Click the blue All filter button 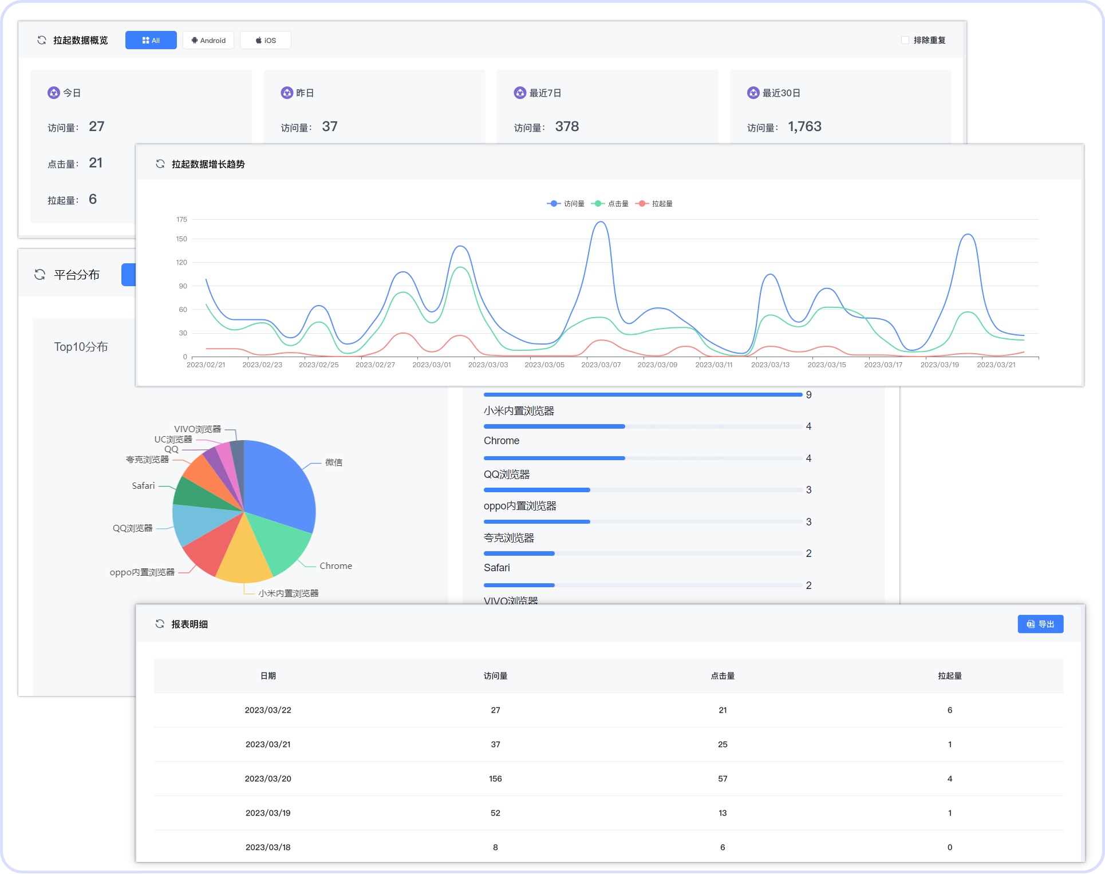pyautogui.click(x=151, y=41)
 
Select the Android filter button pyautogui.click(x=208, y=41)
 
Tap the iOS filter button pyautogui.click(x=266, y=41)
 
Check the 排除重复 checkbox pyautogui.click(x=905, y=40)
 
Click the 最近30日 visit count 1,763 pyautogui.click(x=804, y=126)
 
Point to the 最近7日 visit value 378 pyautogui.click(x=567, y=126)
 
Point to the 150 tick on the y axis pyautogui.click(x=181, y=239)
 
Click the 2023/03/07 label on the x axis pyautogui.click(x=601, y=365)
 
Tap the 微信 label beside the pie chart pyautogui.click(x=334, y=462)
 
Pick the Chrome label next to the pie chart pyautogui.click(x=336, y=566)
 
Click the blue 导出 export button pyautogui.click(x=1040, y=624)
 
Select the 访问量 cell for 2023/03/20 pyautogui.click(x=495, y=779)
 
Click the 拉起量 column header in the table pyautogui.click(x=950, y=676)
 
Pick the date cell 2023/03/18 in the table pyautogui.click(x=268, y=848)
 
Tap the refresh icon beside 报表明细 pyautogui.click(x=160, y=624)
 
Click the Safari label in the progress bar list pyautogui.click(x=496, y=568)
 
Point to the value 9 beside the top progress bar pyautogui.click(x=808, y=395)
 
